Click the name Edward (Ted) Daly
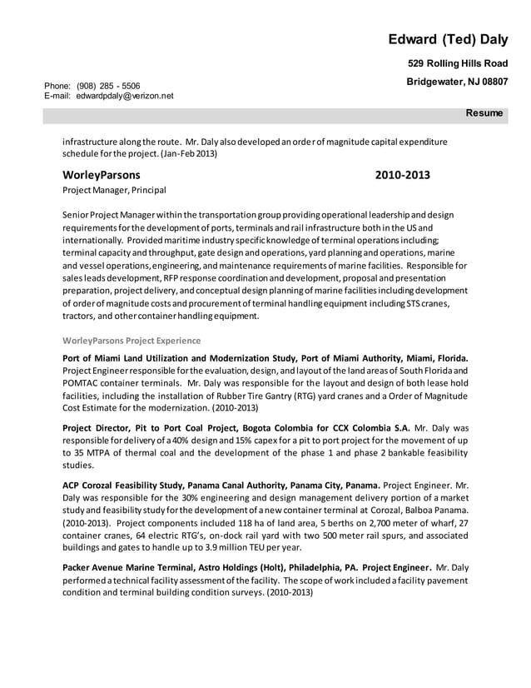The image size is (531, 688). pos(447,39)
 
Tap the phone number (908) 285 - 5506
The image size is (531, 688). pos(108,86)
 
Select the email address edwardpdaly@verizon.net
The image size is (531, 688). pos(125,96)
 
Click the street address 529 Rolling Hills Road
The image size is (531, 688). pos(457,63)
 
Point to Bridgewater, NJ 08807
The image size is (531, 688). pos(456,82)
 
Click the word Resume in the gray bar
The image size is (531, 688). pos(484,112)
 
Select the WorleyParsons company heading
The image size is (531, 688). pos(102,175)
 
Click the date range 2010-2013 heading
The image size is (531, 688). pos(402,175)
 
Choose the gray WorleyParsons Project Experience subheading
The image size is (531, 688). pos(132,340)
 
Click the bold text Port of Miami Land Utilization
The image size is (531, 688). pos(140,356)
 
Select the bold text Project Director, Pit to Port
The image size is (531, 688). pos(132,427)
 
